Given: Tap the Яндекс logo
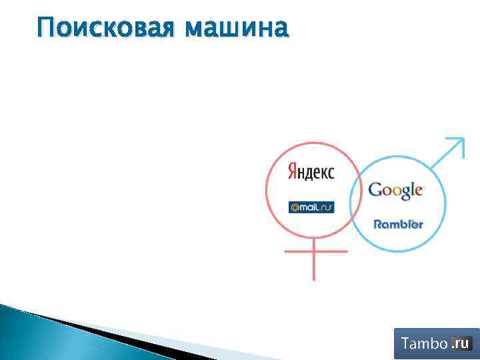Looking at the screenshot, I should click(311, 171).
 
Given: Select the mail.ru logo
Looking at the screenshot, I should click(311, 207).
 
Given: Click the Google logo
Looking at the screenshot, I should click(396, 191).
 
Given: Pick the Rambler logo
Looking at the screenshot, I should click(398, 224).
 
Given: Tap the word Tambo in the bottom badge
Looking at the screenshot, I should click(423, 344).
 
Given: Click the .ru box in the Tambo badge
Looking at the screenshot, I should click(461, 343).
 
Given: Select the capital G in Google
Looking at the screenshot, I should click(375, 189).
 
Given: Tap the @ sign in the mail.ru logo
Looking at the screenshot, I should click(295, 207).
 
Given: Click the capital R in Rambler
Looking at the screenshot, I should click(378, 224).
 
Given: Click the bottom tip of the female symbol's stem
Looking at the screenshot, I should click(313, 278).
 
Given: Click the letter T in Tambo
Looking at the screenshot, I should click(405, 344).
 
